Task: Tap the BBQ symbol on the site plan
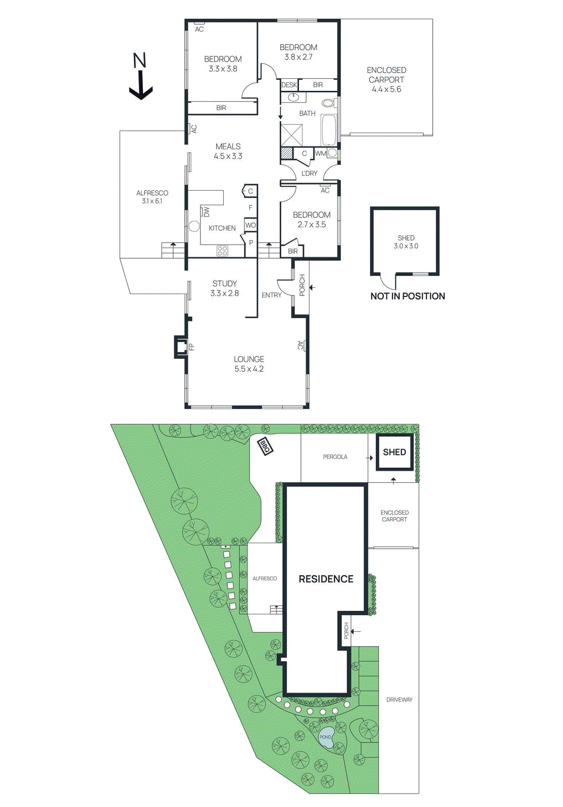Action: [x=265, y=446]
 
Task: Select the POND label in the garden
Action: [x=325, y=737]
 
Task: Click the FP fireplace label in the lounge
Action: [x=191, y=347]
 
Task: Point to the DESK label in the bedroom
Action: [x=289, y=85]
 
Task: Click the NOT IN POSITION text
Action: [x=407, y=297]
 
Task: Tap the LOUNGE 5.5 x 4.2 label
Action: [x=248, y=364]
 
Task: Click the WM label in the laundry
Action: [x=321, y=153]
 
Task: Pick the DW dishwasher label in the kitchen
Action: [x=206, y=211]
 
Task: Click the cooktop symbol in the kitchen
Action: [x=222, y=251]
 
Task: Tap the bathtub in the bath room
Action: [x=328, y=130]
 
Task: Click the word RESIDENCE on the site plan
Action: [x=326, y=579]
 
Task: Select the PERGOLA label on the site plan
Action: [x=335, y=457]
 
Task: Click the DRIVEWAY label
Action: [x=399, y=700]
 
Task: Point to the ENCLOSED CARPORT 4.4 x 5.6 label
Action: [x=386, y=80]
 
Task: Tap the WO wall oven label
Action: [x=250, y=225]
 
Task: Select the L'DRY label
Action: [x=309, y=174]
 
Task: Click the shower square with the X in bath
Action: [x=292, y=134]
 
